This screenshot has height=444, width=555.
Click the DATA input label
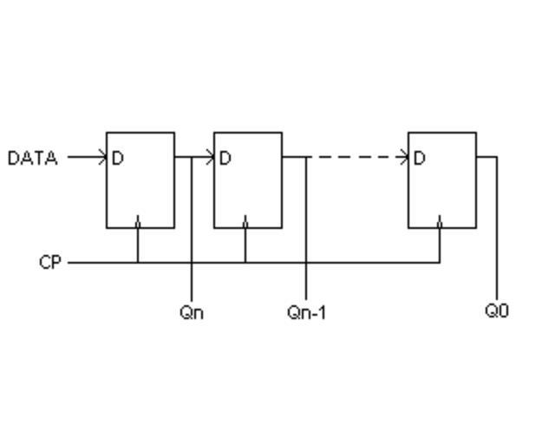[x=32, y=158]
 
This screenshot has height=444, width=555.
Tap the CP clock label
[x=50, y=262]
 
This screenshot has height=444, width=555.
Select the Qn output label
[x=192, y=311]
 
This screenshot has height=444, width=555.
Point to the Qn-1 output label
[x=307, y=311]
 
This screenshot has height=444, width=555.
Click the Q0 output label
[x=497, y=310]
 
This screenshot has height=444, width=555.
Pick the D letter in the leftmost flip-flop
[x=118, y=158]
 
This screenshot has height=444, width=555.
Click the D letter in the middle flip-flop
[x=225, y=158]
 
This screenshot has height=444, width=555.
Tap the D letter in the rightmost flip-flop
[x=420, y=158]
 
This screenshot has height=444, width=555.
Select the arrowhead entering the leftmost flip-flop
[x=102, y=157]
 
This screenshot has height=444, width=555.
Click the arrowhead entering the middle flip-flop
[x=210, y=157]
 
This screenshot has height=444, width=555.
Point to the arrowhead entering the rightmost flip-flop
[x=404, y=157]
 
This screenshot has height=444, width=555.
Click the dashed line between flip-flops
[x=356, y=157]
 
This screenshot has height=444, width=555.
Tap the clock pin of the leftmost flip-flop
[x=138, y=224]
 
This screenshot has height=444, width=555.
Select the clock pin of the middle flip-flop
[x=245, y=224]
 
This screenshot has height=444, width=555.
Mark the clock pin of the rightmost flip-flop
[x=440, y=224]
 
